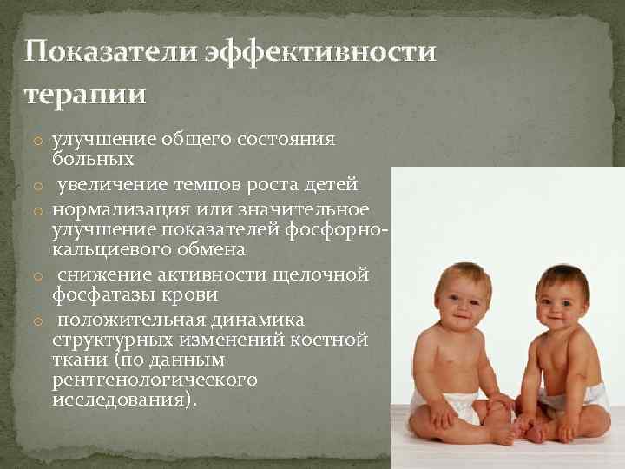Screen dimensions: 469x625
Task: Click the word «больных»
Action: coord(93,160)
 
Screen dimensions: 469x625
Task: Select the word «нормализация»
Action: coord(118,209)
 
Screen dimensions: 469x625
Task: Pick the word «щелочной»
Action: coord(324,275)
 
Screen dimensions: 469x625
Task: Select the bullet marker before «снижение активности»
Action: coord(40,276)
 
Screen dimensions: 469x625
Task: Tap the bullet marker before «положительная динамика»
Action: coord(40,321)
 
